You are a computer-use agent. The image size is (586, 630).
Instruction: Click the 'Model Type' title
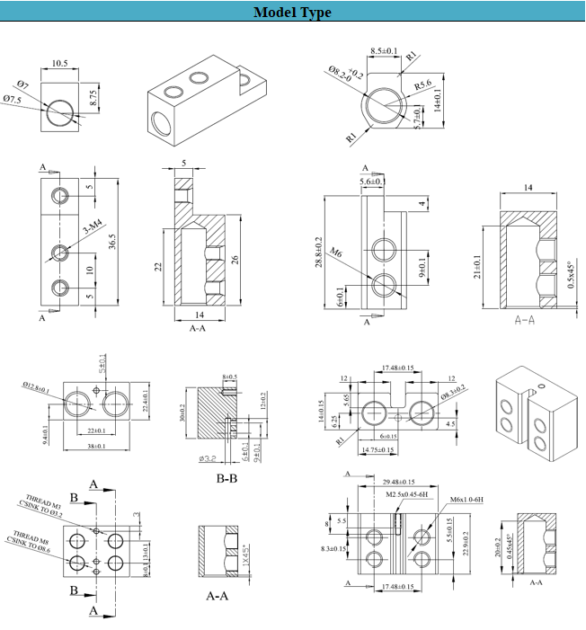pyautogui.click(x=292, y=13)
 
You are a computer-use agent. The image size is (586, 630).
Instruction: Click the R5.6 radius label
pyautogui.click(x=424, y=86)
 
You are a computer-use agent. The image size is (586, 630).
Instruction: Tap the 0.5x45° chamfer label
pyautogui.click(x=568, y=280)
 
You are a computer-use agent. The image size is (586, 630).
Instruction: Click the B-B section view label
pyautogui.click(x=226, y=478)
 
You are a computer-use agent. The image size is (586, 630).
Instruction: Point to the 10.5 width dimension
pyautogui.click(x=60, y=64)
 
